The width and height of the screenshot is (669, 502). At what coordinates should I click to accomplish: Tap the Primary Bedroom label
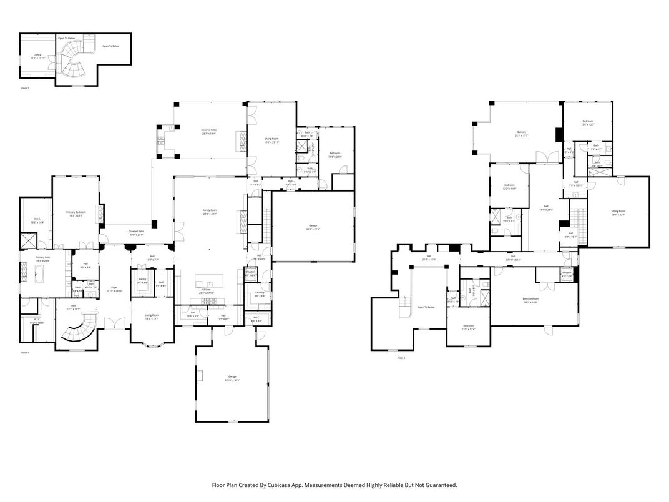click(76, 213)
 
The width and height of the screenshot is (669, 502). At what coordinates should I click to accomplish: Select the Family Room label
click(210, 211)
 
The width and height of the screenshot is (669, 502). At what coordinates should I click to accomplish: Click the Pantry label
click(142, 279)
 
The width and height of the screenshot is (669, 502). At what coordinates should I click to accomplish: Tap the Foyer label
click(114, 287)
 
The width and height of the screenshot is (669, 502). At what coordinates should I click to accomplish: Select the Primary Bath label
click(43, 258)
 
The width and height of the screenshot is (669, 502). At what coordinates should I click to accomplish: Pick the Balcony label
click(522, 132)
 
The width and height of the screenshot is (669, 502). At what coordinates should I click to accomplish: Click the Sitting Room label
click(618, 212)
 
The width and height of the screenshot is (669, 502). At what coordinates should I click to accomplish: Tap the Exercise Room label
click(531, 299)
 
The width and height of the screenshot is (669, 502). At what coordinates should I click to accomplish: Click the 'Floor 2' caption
click(26, 89)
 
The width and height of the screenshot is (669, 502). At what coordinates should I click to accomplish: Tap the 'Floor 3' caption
click(401, 358)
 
